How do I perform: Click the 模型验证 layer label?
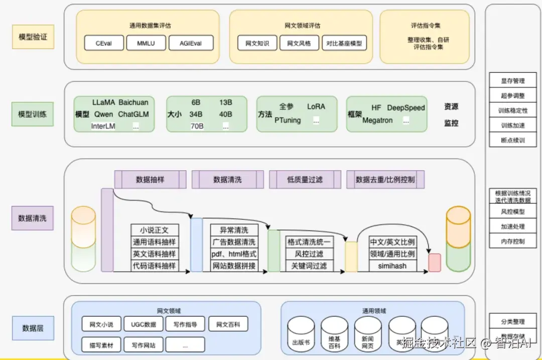click(33, 37)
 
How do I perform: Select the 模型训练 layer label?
click(33, 114)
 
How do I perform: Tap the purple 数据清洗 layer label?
click(33, 218)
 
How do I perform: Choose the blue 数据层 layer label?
click(33, 328)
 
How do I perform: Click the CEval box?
click(103, 43)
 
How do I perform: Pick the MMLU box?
click(146, 43)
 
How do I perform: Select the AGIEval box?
click(191, 43)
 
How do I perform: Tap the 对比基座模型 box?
click(344, 43)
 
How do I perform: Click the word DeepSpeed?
click(405, 107)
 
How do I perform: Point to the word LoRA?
click(316, 106)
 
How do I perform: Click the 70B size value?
click(197, 126)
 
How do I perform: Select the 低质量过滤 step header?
click(305, 179)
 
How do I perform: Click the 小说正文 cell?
click(154, 230)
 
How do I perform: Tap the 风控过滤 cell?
click(309, 254)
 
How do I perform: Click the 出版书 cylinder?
click(301, 334)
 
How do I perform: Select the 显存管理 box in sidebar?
click(512, 81)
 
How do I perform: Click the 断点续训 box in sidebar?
click(512, 140)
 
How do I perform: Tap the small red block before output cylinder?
click(434, 263)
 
